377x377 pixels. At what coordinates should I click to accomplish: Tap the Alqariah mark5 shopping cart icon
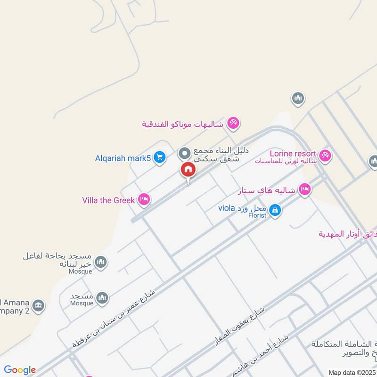click(x=160, y=157)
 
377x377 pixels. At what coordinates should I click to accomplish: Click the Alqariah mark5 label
click(x=123, y=158)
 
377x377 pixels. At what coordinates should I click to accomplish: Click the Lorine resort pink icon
click(x=325, y=155)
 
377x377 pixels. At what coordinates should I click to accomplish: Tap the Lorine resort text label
click(x=292, y=154)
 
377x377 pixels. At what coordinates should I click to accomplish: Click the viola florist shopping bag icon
click(x=276, y=210)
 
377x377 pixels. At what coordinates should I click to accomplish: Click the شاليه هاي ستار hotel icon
click(x=305, y=189)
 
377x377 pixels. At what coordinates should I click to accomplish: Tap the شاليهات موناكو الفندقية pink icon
click(x=233, y=123)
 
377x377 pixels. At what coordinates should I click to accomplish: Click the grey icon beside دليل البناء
click(x=184, y=154)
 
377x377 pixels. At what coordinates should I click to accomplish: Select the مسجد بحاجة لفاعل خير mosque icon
click(x=101, y=262)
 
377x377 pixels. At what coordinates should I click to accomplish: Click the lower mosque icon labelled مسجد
click(x=102, y=298)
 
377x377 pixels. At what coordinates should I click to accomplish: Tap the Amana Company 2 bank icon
click(x=39, y=305)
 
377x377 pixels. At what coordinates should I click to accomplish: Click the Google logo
click(x=20, y=370)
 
